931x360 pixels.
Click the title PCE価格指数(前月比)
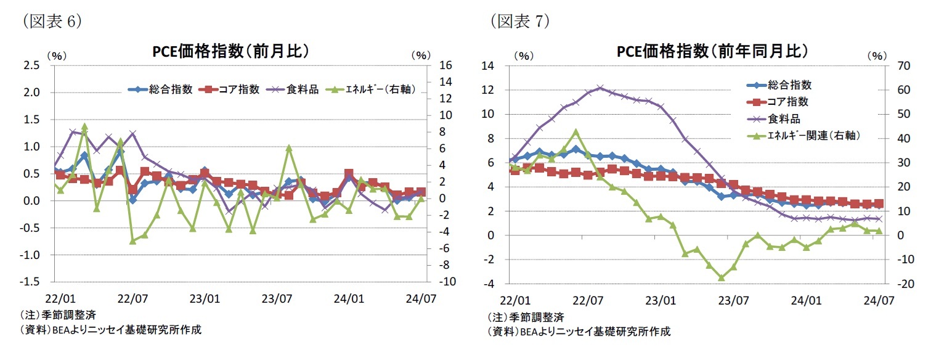pos(230,51)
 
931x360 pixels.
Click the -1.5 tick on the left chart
pos(31,282)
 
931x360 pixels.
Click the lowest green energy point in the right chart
pos(721,278)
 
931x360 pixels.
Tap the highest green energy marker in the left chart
pos(84,126)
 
